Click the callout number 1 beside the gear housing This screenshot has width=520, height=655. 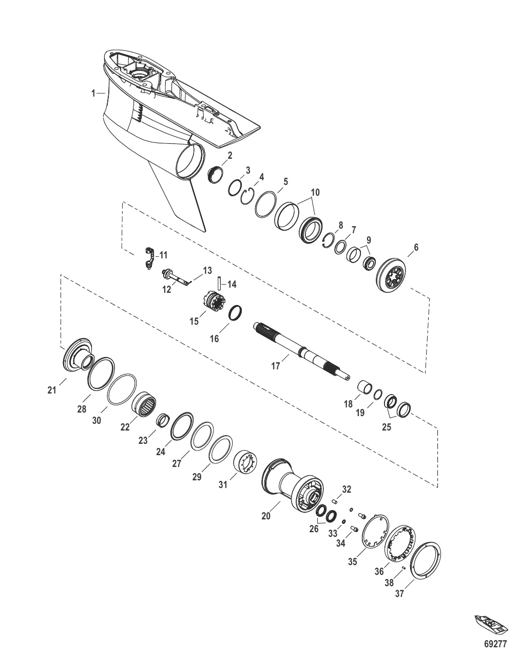(x=93, y=93)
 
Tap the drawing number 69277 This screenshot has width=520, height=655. (x=495, y=643)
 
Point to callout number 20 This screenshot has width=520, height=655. (x=266, y=516)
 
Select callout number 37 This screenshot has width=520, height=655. (x=399, y=594)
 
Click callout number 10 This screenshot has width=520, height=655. (x=315, y=193)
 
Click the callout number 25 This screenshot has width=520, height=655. (x=387, y=427)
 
